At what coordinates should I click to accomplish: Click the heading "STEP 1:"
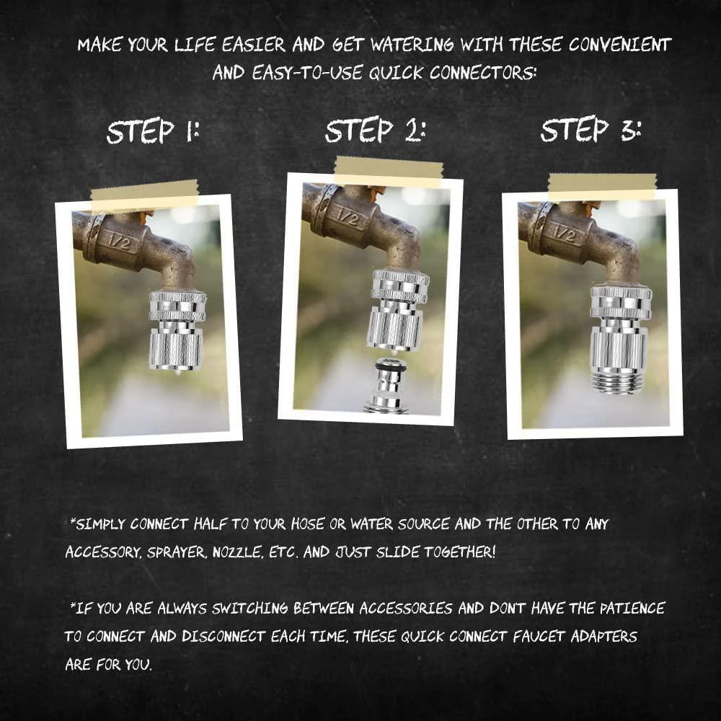click(153, 131)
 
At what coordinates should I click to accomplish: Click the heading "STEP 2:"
click(375, 130)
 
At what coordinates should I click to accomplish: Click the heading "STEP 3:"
click(590, 129)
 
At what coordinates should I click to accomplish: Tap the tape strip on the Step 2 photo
click(389, 172)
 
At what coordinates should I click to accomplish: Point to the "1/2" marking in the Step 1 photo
click(119, 242)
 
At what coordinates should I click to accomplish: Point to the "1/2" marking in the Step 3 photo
click(565, 234)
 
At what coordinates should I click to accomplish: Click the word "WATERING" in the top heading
click(412, 45)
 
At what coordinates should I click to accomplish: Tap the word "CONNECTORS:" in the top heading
click(483, 73)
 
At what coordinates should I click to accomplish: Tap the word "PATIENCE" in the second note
click(632, 609)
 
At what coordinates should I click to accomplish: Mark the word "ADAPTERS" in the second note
click(603, 637)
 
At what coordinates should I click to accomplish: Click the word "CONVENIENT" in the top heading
click(620, 45)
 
